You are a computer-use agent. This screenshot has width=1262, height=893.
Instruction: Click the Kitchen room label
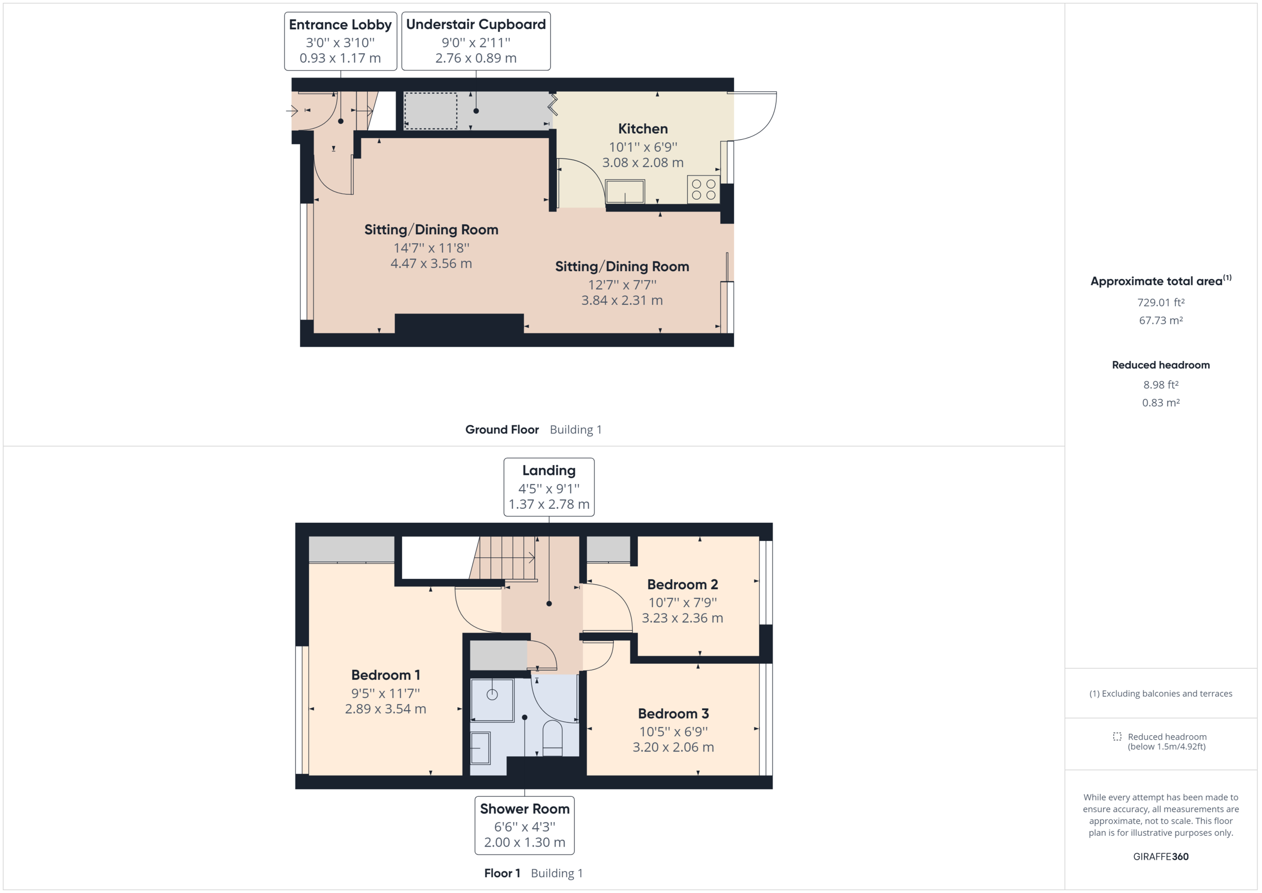coord(642,129)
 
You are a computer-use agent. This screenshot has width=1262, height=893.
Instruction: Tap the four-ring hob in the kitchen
coord(703,189)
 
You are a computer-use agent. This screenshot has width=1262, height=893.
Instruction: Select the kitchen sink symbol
coord(625,191)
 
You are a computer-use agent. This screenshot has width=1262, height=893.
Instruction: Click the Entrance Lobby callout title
coord(340,25)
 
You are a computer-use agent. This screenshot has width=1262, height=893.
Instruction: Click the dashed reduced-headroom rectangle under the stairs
coord(430,111)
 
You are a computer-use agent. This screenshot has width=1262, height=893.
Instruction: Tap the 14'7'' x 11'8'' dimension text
coord(431,248)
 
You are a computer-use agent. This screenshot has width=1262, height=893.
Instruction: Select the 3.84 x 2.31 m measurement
coord(622,300)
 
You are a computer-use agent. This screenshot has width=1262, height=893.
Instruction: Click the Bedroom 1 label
coord(386,675)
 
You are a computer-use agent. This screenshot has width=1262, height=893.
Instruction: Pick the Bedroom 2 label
coord(682,584)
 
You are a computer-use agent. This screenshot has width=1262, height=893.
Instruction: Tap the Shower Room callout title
coord(525,808)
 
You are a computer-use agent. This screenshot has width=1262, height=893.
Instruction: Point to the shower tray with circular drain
coord(492,699)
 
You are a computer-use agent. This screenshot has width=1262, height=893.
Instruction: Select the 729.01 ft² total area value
coord(1160,302)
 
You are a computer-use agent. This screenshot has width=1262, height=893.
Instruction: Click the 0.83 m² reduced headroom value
coord(1160,402)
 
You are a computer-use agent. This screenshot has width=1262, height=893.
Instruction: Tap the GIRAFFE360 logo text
coord(1160,856)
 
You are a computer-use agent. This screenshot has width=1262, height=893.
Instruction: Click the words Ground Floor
coord(502,429)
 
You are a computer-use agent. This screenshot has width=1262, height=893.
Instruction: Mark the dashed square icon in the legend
coord(1117,736)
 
